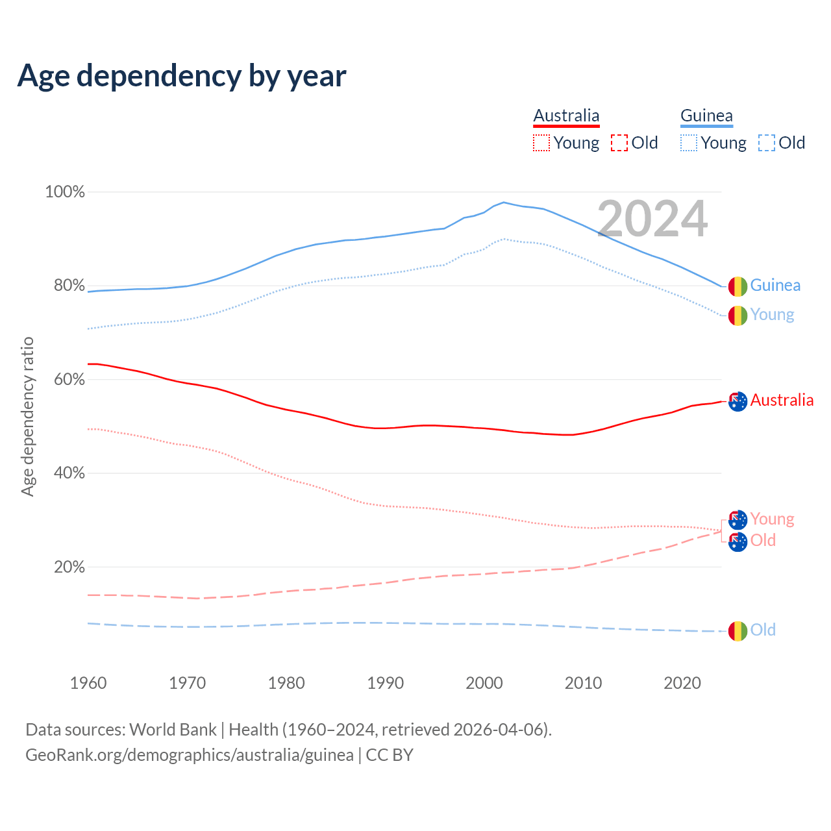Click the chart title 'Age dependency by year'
click(x=182, y=76)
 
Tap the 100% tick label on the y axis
click(x=65, y=192)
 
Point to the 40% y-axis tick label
click(x=69, y=473)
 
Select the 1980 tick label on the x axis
click(x=286, y=683)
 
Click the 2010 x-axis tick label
click(x=583, y=683)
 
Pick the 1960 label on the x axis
click(x=88, y=683)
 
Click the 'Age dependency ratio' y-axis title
click(x=27, y=416)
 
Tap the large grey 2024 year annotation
click(x=652, y=219)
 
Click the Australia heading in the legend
click(x=566, y=116)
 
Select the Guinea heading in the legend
click(x=706, y=116)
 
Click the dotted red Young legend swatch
click(x=541, y=143)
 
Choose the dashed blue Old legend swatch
click(x=766, y=143)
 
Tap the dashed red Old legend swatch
click(x=619, y=143)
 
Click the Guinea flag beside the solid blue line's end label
click(x=738, y=286)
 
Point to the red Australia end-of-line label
click(x=782, y=401)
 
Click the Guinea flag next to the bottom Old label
click(x=738, y=630)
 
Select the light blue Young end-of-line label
click(x=772, y=315)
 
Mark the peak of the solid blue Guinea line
click(x=503, y=202)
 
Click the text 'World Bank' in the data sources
click(x=173, y=730)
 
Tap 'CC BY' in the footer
click(x=390, y=755)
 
